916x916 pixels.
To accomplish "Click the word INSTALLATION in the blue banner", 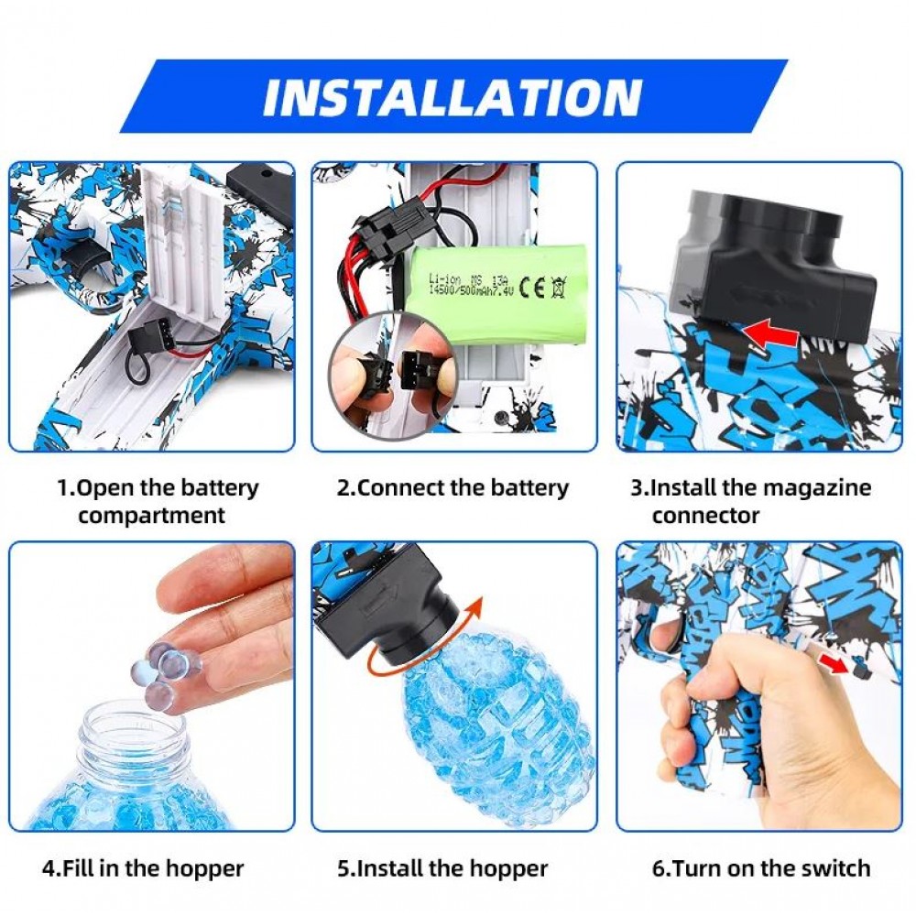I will point(453,97).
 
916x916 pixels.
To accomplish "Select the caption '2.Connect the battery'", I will point(453,488).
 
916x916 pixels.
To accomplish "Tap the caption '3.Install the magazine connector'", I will point(749,501).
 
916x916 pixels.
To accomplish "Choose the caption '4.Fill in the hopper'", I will point(143,867).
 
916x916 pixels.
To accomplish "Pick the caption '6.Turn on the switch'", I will point(761,867).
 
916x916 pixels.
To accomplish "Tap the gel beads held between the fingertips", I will point(169,668).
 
